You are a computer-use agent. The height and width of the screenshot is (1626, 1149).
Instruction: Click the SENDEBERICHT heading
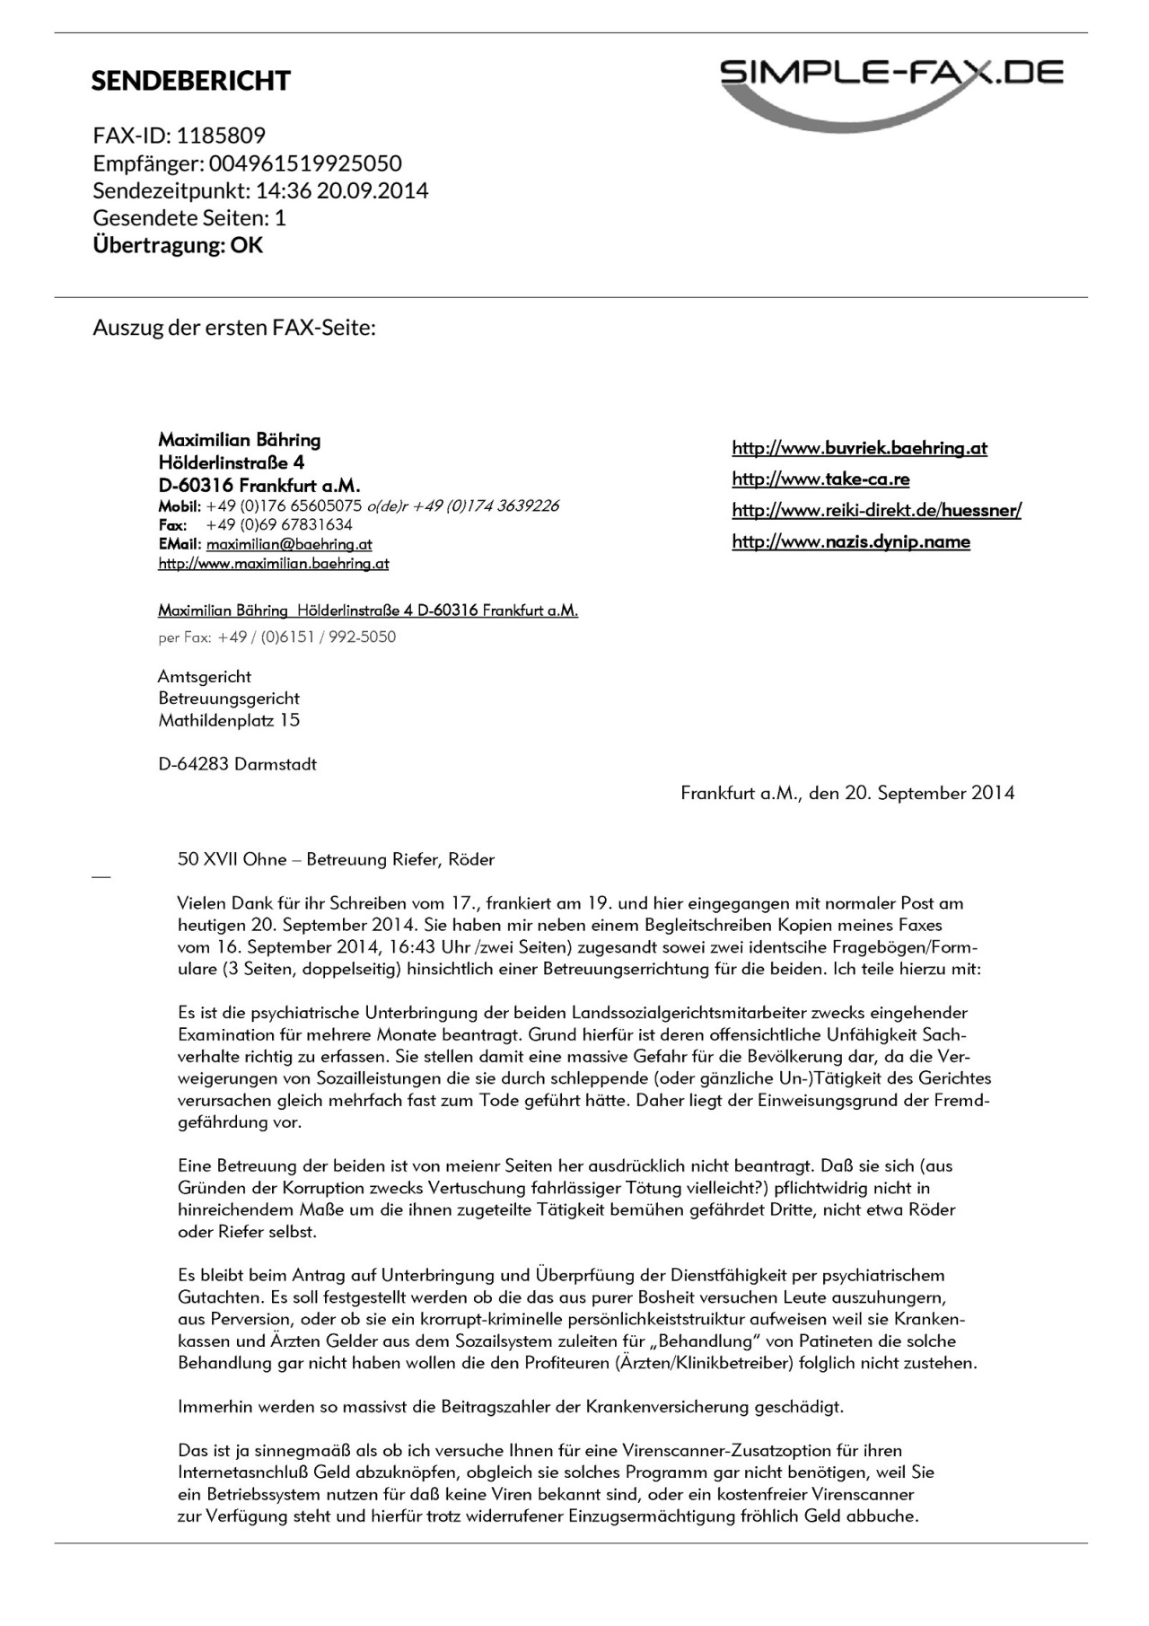click(x=190, y=81)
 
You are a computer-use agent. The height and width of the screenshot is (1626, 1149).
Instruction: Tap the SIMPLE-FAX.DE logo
click(x=891, y=90)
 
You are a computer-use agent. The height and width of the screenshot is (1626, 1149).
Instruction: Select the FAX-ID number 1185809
click(x=221, y=136)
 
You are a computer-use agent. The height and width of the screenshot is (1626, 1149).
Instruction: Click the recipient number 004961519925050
click(x=305, y=163)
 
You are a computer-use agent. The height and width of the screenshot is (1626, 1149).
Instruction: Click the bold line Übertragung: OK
click(x=178, y=245)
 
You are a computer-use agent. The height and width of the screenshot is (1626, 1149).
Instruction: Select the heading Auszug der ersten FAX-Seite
click(x=233, y=328)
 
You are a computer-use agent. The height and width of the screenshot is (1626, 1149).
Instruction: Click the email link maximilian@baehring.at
click(x=288, y=544)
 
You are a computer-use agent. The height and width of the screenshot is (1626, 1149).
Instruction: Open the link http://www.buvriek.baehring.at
click(x=859, y=448)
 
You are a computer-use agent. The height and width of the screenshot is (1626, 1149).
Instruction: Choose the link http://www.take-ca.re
click(x=820, y=479)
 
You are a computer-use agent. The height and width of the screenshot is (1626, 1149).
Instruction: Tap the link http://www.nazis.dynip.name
click(x=850, y=541)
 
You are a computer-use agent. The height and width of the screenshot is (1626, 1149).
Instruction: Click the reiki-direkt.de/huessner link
click(x=876, y=511)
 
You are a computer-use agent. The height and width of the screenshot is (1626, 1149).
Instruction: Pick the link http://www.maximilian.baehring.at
click(x=273, y=564)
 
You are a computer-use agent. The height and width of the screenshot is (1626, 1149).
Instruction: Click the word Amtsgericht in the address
click(x=205, y=677)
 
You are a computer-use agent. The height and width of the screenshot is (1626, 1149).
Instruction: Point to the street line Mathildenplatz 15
click(x=229, y=720)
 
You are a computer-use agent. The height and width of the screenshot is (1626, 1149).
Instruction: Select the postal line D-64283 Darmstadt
click(x=237, y=765)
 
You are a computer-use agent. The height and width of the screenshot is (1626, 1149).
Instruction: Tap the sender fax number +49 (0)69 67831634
click(x=279, y=524)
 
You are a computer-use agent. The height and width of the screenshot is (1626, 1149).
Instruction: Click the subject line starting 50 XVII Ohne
click(x=336, y=859)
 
